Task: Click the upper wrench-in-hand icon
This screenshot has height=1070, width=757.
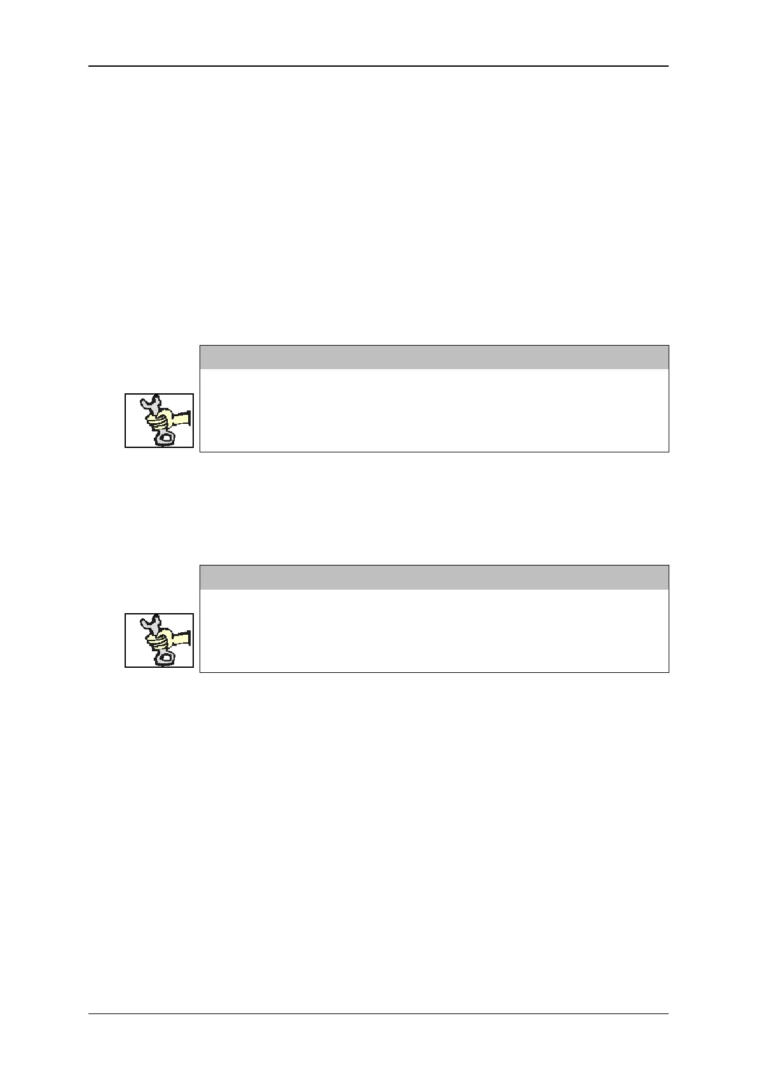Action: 159,421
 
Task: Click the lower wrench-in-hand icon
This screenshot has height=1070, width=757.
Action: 159,640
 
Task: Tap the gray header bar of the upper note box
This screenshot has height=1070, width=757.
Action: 434,357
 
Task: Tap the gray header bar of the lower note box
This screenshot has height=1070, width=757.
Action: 434,578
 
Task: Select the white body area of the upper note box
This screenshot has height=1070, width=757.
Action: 434,410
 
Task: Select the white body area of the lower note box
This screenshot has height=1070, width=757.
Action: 434,630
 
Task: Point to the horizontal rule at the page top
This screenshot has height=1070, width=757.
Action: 378,66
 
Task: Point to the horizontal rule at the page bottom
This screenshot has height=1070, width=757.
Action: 378,1013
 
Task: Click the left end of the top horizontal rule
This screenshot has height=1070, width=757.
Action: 90,66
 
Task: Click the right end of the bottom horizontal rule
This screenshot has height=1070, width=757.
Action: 667,1013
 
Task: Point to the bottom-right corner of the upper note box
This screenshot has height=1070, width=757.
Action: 669,452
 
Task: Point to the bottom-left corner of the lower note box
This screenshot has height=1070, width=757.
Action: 200,672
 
